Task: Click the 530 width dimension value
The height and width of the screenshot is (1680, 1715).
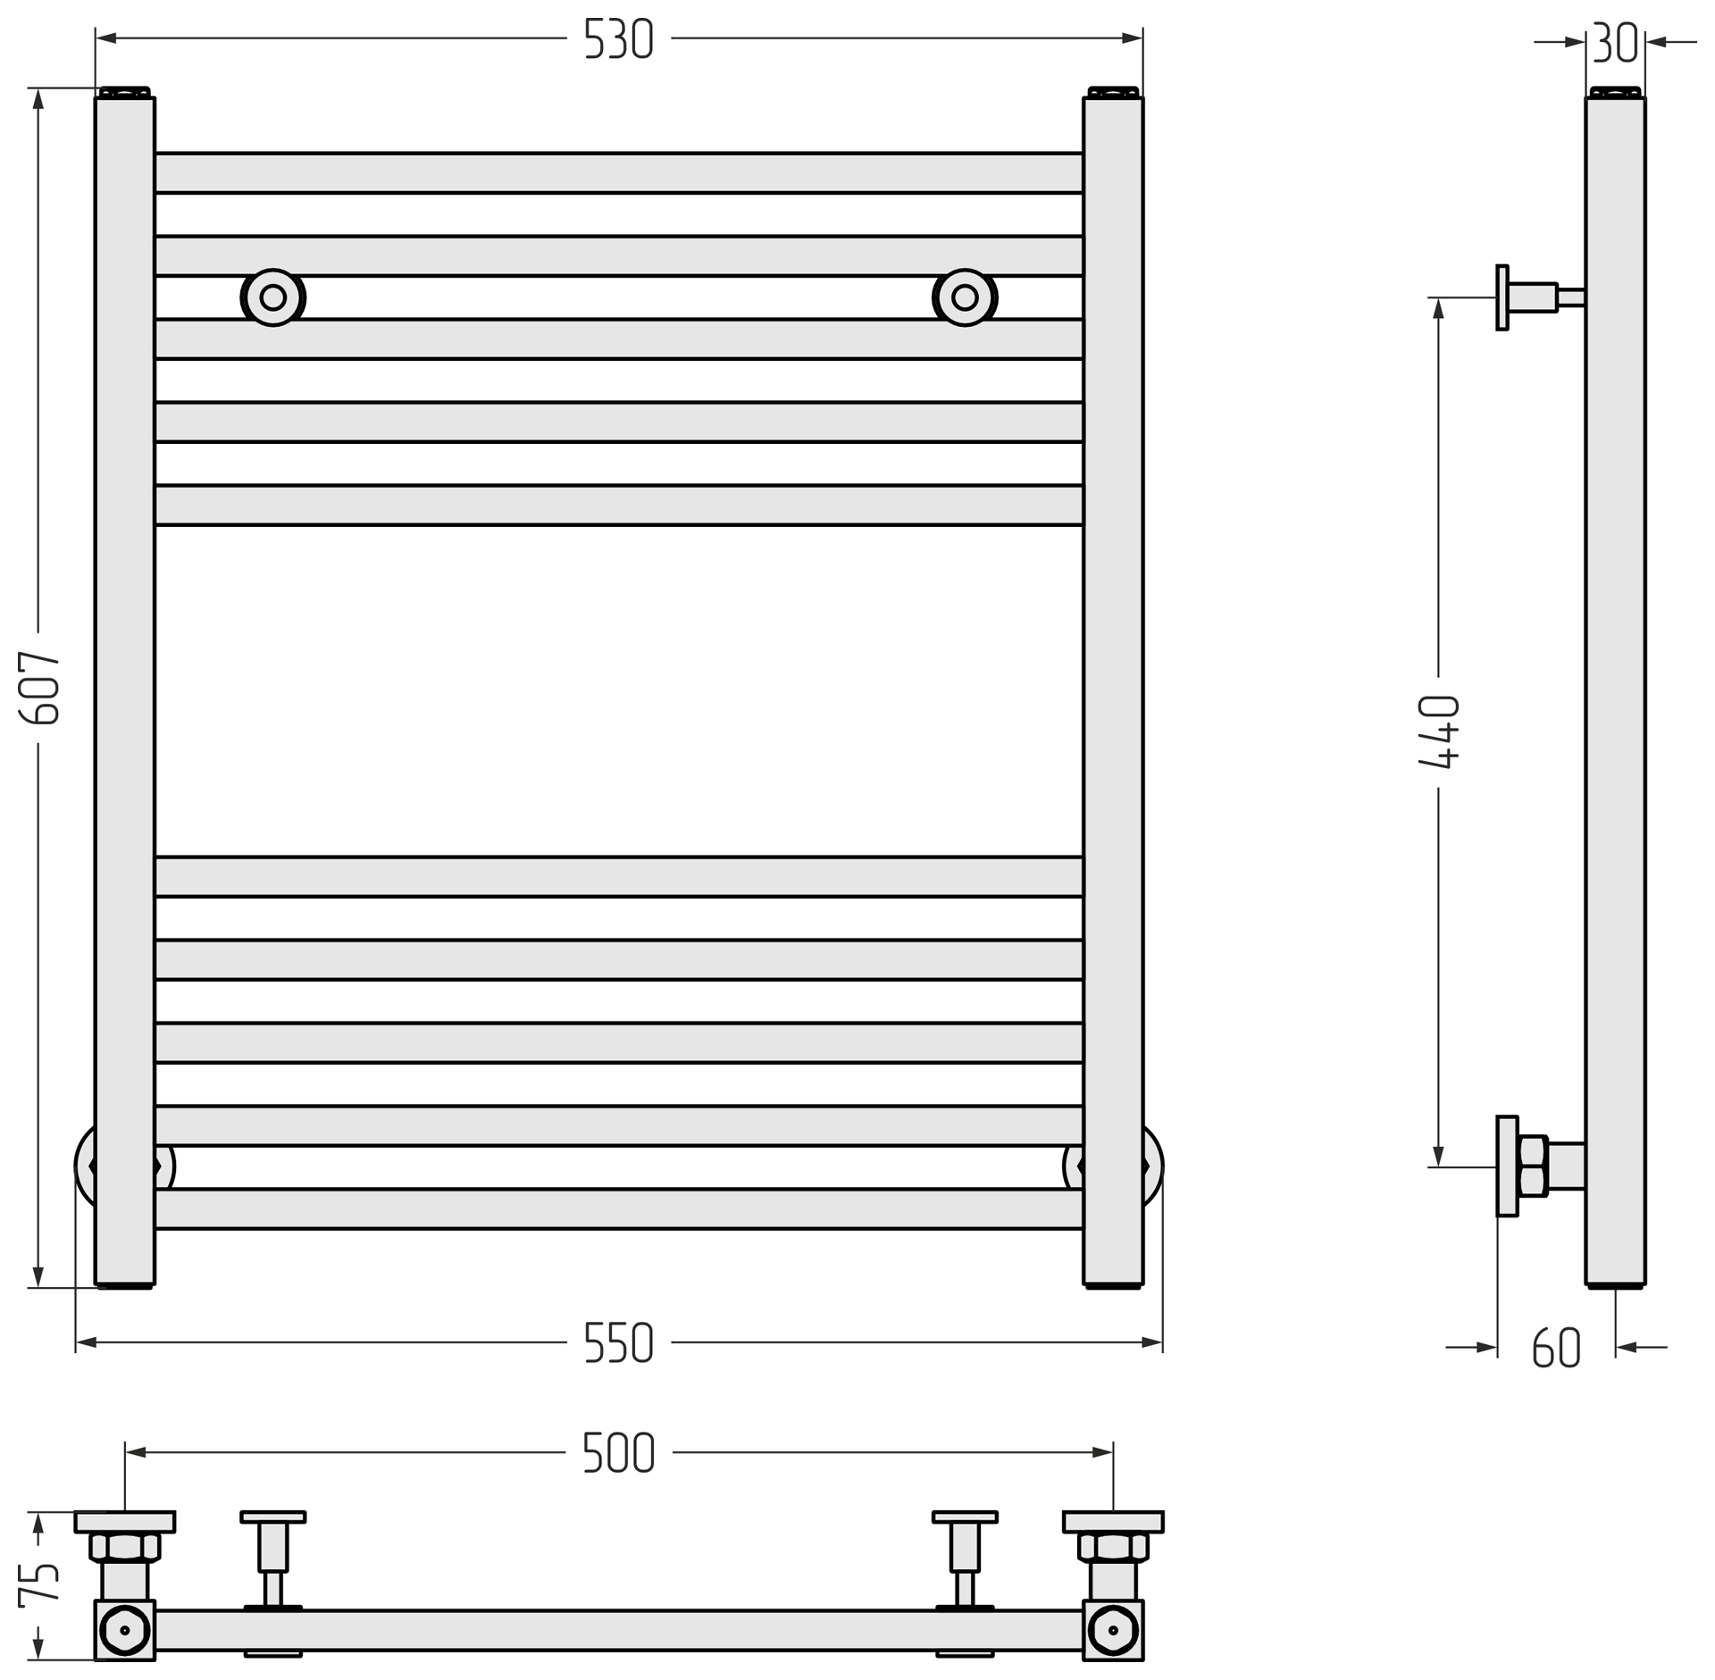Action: pyautogui.click(x=618, y=38)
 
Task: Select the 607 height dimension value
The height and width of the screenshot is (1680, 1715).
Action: pyautogui.click(x=39, y=687)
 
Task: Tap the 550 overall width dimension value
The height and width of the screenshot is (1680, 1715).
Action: pyautogui.click(x=618, y=1342)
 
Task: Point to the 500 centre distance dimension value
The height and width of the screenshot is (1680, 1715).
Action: pyautogui.click(x=618, y=1453)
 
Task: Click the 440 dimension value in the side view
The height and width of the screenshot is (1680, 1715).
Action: pyautogui.click(x=1439, y=731)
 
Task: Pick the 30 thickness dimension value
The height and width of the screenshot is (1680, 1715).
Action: pyautogui.click(x=1615, y=42)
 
